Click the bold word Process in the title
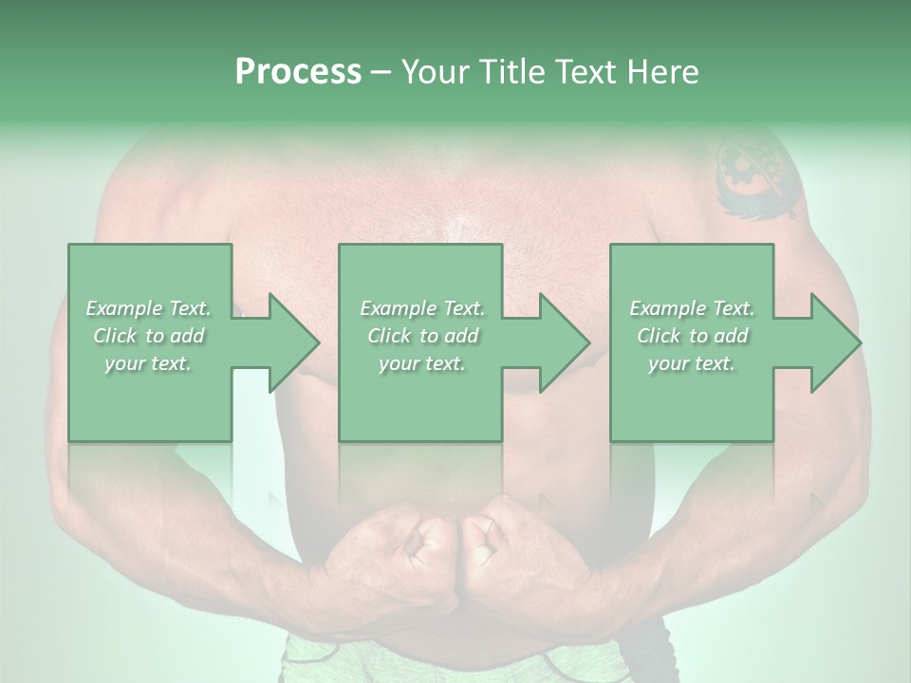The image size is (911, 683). (x=298, y=72)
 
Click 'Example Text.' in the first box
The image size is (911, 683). (x=149, y=308)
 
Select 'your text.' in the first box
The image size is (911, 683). (x=149, y=363)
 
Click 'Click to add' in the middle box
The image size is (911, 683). (x=422, y=336)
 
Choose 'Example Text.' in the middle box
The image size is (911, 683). (x=422, y=308)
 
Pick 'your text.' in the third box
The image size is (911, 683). (x=692, y=363)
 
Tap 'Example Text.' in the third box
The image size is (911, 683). (x=692, y=308)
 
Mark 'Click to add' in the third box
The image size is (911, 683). (x=692, y=336)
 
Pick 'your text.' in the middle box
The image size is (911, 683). (x=422, y=363)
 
